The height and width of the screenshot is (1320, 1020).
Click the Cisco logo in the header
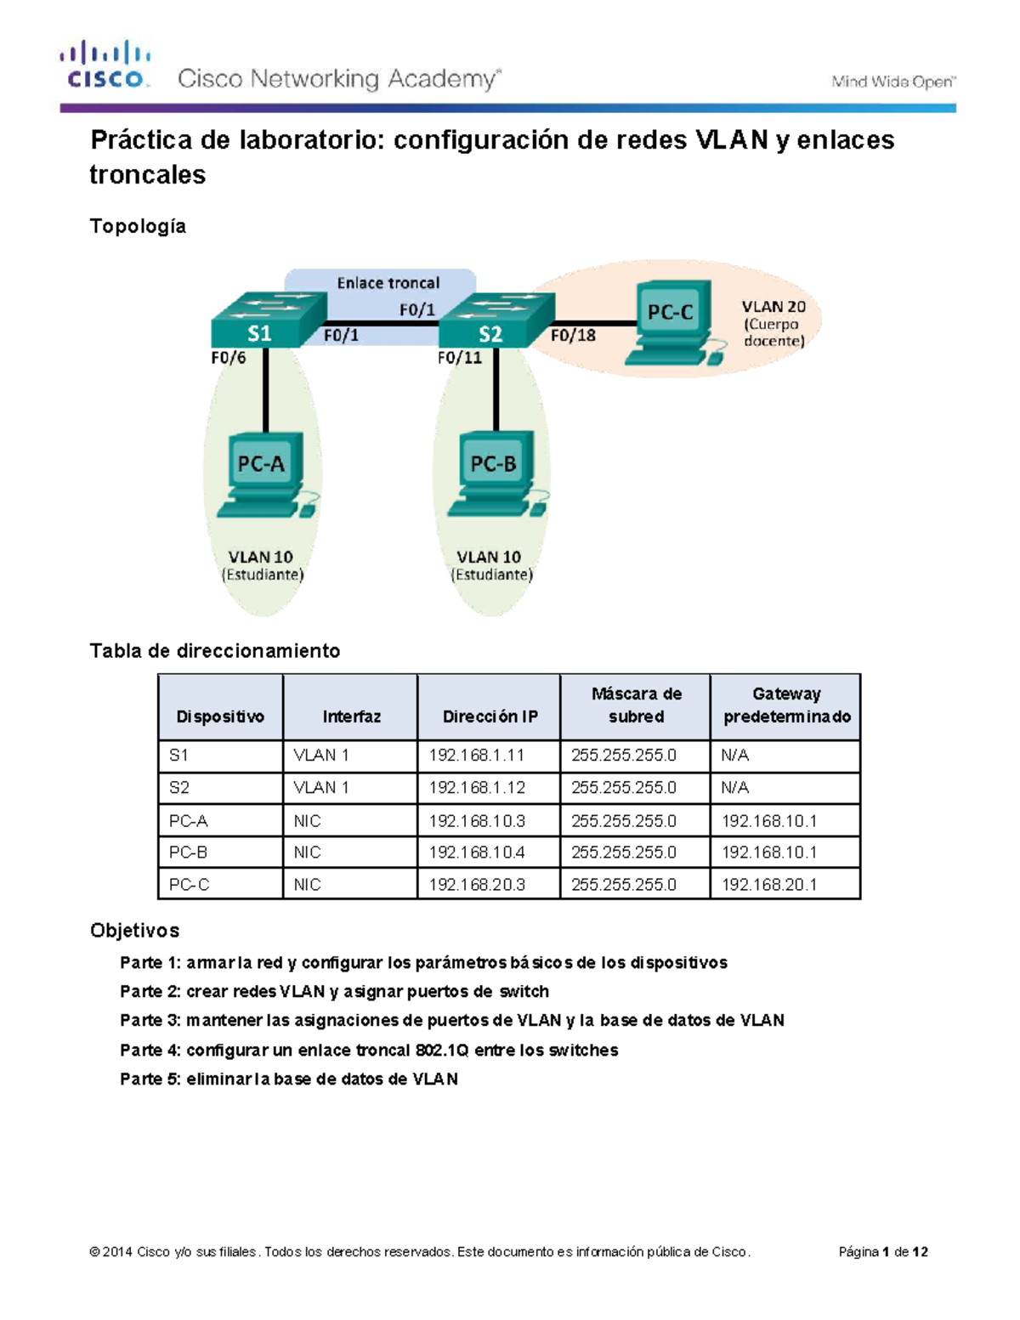point(105,65)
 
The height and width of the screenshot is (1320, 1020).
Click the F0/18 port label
point(573,336)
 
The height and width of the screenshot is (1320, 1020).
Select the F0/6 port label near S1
point(228,358)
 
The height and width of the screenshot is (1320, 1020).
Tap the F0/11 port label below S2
point(459,358)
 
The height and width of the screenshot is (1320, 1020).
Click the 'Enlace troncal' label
point(388,283)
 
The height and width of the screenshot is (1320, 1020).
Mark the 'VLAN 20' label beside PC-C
point(773,307)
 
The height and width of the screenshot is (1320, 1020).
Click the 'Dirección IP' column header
point(490,717)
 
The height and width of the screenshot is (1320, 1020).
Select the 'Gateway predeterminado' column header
point(786,705)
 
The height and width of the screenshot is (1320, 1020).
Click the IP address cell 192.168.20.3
point(477,885)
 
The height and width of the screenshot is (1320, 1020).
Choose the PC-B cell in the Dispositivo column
point(189,853)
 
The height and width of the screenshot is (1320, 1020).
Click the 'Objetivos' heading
point(134,931)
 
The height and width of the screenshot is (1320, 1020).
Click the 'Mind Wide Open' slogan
point(892,82)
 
